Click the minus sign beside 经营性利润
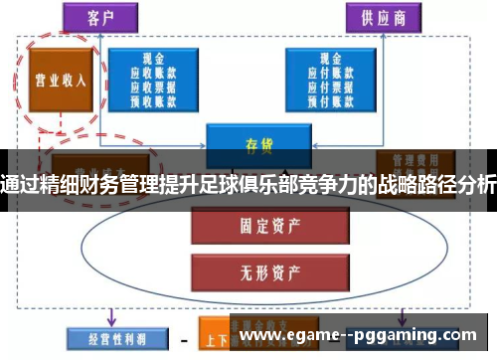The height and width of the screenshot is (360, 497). [x=183, y=335]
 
